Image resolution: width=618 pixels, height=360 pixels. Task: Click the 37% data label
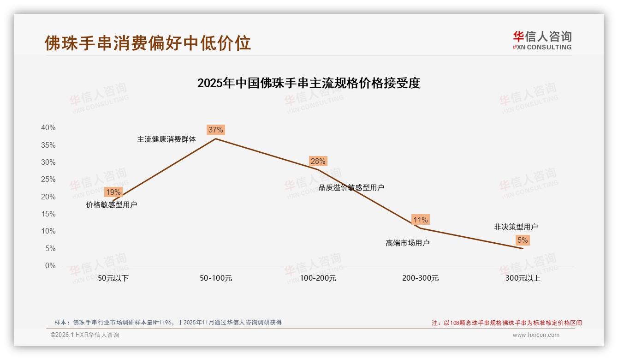(215, 130)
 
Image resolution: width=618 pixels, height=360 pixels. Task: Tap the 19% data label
(113, 192)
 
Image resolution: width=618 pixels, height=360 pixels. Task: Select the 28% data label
(318, 161)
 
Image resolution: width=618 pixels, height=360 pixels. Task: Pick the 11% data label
(420, 220)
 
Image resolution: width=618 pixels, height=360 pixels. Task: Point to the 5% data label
(523, 240)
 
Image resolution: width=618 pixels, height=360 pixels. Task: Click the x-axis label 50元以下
(113, 278)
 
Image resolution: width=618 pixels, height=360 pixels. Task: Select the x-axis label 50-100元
(216, 278)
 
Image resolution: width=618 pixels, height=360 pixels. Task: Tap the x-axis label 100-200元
(318, 278)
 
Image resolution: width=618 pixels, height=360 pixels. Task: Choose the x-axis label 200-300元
(420, 278)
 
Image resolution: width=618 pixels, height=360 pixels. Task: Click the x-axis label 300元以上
(523, 278)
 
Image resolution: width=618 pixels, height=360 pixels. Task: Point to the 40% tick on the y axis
(48, 128)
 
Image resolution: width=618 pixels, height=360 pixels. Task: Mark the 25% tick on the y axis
(48, 180)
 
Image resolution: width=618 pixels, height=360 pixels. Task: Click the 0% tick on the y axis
(50, 266)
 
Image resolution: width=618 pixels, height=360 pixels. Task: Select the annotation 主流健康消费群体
(166, 139)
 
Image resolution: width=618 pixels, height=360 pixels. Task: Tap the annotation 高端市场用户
(407, 243)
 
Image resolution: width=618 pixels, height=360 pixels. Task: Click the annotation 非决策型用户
(516, 227)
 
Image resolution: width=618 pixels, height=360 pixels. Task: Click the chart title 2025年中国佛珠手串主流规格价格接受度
(309, 83)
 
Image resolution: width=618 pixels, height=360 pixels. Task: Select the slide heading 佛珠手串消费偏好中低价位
(148, 42)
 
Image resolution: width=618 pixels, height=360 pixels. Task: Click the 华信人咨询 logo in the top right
(542, 40)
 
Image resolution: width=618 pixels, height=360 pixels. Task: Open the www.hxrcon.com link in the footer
(535, 335)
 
